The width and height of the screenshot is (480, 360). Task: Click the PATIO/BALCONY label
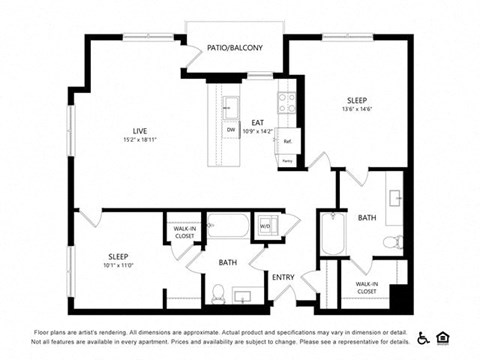coord(235,47)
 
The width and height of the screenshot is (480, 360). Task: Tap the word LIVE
coord(141,130)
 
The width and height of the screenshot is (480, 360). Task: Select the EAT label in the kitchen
coord(257,122)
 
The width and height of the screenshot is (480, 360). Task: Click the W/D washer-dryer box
coord(266,225)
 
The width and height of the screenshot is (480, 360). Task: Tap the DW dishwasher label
coord(230,131)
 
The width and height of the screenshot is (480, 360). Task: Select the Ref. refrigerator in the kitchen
coord(288,141)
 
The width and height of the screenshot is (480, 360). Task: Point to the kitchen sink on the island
coord(230,105)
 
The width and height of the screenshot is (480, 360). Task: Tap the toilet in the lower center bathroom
coord(217,293)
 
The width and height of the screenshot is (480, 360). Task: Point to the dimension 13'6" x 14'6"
coord(356,112)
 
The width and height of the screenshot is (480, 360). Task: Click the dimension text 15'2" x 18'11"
coord(141,141)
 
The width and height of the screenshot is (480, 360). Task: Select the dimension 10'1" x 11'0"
coord(117,265)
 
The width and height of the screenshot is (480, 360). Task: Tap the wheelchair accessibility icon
coord(423,338)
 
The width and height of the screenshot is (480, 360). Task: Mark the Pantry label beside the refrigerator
coord(287,160)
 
